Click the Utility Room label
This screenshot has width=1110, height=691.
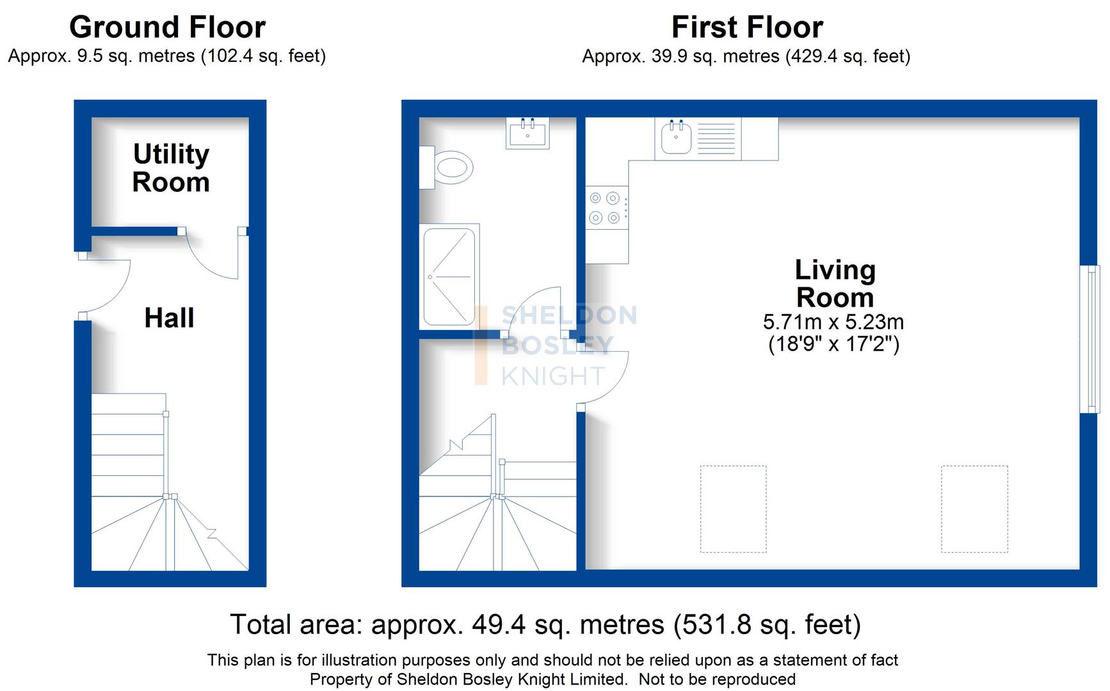pyautogui.click(x=171, y=168)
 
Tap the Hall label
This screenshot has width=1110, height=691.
pyautogui.click(x=169, y=318)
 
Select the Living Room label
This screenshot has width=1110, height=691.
pyautogui.click(x=835, y=283)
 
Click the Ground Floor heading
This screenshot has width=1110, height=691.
pyautogui.click(x=167, y=28)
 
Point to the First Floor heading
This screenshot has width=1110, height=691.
pyautogui.click(x=746, y=28)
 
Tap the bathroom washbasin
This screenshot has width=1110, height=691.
pyautogui.click(x=527, y=134)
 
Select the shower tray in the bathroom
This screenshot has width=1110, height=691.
pyautogui.click(x=449, y=276)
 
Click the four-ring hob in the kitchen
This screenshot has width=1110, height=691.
pyautogui.click(x=606, y=208)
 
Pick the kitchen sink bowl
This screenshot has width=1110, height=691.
pyautogui.click(x=676, y=138)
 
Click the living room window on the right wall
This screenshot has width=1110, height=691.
pyautogui.click(x=1090, y=339)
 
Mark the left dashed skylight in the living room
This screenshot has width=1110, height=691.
pyautogui.click(x=733, y=509)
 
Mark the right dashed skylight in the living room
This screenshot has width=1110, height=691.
pyautogui.click(x=974, y=509)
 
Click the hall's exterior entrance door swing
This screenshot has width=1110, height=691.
pyautogui.click(x=106, y=285)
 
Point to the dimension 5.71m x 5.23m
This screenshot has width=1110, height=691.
pyautogui.click(x=833, y=322)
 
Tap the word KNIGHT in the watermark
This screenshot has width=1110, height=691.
pyautogui.click(x=553, y=376)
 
